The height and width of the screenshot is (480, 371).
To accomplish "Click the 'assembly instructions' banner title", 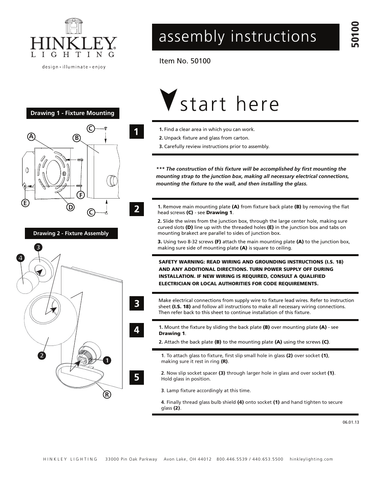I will tap(237, 37).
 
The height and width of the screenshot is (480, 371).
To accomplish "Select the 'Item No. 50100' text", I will tap(185, 61).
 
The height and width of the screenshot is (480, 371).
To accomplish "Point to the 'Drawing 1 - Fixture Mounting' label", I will tap(72, 113).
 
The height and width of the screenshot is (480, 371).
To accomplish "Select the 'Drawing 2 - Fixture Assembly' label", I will tap(71, 233).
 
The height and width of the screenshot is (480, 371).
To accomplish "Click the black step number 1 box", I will tap(136, 132).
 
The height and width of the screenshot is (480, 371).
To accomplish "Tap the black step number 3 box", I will tap(136, 304).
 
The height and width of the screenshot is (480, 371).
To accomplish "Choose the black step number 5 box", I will tap(136, 377).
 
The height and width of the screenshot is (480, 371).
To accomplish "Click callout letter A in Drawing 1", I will tap(31, 136).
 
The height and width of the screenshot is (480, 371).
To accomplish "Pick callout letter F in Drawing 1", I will tap(80, 195).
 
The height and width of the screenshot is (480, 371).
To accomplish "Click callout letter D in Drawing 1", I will tap(70, 207).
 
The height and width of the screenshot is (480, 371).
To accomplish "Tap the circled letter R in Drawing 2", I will tap(107, 395).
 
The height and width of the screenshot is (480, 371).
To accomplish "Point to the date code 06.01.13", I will tap(350, 422).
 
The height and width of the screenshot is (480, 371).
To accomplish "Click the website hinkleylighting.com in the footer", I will tap(311, 459).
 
